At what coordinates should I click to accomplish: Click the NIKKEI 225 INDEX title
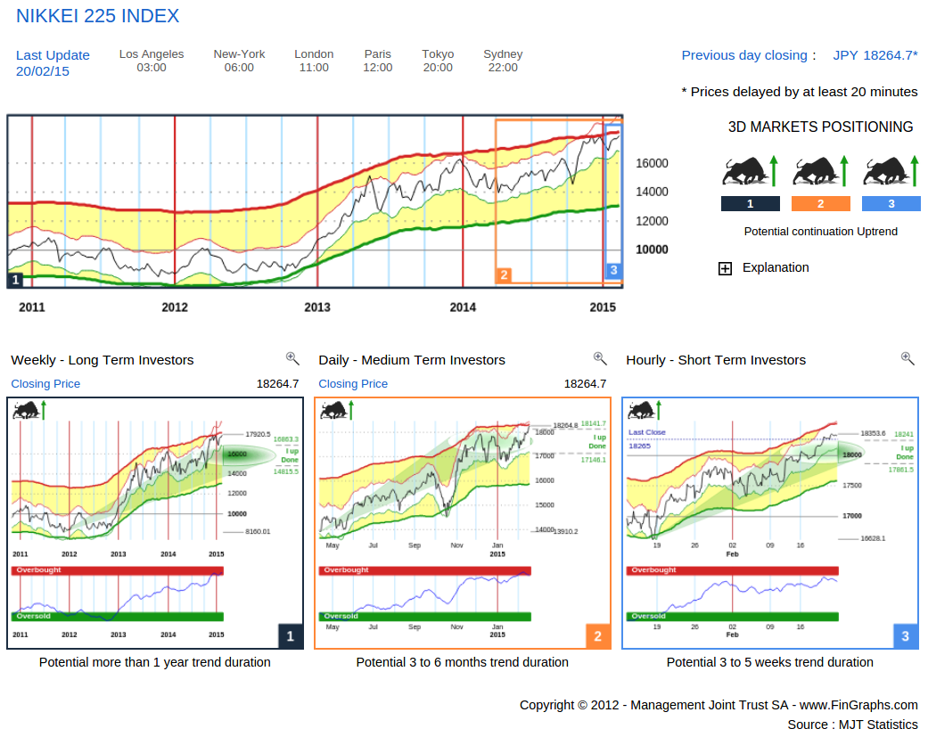(x=98, y=16)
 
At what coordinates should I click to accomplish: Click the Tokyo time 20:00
(x=438, y=68)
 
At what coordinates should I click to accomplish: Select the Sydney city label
(x=503, y=54)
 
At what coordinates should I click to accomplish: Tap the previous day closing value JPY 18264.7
(x=875, y=55)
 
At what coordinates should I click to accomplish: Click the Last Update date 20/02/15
(x=43, y=71)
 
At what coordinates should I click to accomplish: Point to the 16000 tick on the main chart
(x=652, y=163)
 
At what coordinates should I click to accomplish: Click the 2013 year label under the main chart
(x=316, y=307)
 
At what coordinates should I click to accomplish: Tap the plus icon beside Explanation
(x=725, y=268)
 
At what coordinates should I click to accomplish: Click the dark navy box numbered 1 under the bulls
(x=750, y=204)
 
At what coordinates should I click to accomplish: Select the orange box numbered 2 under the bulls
(x=821, y=204)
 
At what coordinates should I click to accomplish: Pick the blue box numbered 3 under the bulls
(x=891, y=204)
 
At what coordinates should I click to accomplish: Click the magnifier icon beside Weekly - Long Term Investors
(x=292, y=358)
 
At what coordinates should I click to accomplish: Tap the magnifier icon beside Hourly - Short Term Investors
(x=907, y=358)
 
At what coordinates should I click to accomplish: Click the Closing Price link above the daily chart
(x=353, y=384)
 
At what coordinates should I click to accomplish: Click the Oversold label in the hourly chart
(x=648, y=616)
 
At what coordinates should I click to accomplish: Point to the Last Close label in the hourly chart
(x=647, y=432)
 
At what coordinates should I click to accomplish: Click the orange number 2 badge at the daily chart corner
(x=597, y=636)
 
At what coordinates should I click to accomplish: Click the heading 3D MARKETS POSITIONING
(x=820, y=127)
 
